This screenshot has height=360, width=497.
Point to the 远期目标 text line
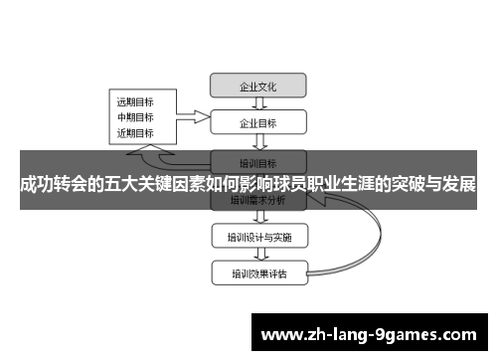coord(135,101)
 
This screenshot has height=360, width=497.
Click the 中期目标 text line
coord(135,116)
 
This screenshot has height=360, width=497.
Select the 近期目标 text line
coord(135,132)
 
